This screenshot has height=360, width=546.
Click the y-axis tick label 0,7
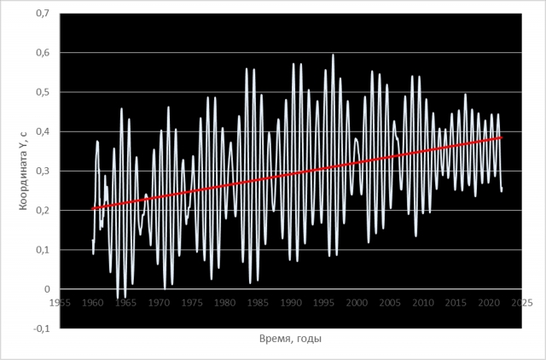point(40,14)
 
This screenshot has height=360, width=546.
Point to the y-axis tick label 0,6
point(40,53)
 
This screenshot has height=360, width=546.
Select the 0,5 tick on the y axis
point(40,92)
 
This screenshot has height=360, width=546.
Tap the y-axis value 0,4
point(40,131)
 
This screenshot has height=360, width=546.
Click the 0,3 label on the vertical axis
point(40,171)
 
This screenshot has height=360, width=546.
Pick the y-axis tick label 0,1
point(40,249)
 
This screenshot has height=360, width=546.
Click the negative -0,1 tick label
point(39,328)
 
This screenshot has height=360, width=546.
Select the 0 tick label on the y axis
point(47,289)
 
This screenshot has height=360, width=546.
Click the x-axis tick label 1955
point(60,301)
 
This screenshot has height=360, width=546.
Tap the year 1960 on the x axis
point(93,301)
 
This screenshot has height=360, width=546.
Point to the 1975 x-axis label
point(192,301)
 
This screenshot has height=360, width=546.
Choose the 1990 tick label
point(291,301)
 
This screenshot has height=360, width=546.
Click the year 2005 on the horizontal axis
point(390,301)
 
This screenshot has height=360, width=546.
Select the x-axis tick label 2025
point(522,301)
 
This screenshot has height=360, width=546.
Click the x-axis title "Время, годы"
point(290,339)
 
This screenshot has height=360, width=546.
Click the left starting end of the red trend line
point(93,208)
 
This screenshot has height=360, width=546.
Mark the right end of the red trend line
point(502,137)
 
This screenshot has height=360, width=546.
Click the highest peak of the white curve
point(333,55)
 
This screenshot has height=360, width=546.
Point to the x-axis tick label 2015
point(456,301)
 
